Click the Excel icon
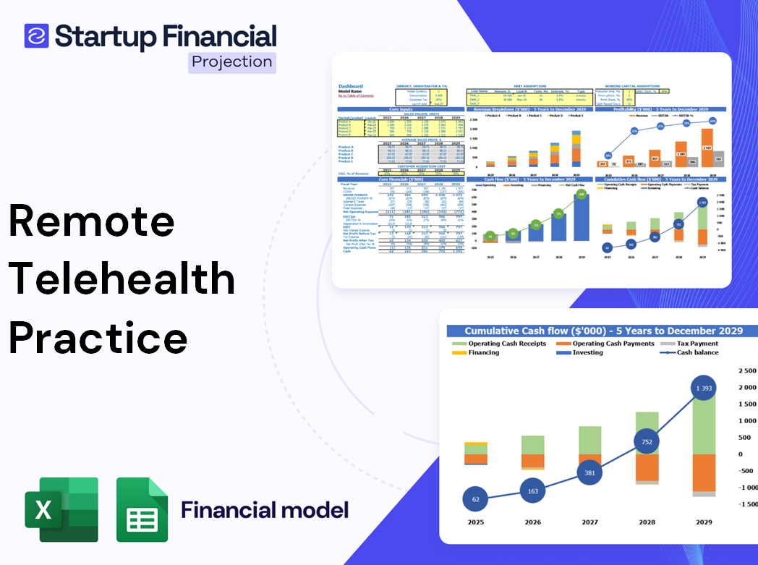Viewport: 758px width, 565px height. pos(61,509)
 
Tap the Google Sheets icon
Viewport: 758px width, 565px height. pos(142,509)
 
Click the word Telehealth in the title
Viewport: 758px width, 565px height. pos(122,279)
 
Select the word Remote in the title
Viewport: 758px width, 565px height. pos(92,221)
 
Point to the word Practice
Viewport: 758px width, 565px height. pos(98,337)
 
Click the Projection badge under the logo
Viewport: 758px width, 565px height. pos(231,61)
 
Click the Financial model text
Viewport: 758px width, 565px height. pos(265,510)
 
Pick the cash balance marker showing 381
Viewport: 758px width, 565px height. pos(589,473)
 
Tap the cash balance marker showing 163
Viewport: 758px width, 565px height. pos(532,491)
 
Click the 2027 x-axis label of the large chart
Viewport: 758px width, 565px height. pos(589,522)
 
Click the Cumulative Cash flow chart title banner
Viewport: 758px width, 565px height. pos(603,331)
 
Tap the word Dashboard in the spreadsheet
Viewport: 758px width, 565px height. pos(351,86)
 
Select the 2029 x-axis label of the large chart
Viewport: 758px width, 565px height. pos(704,522)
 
